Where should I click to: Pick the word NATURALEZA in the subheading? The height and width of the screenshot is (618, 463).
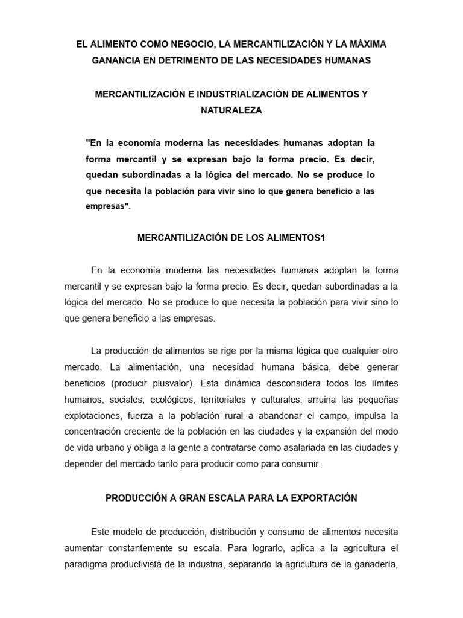pos(231,111)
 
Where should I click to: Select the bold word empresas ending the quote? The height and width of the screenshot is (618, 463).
pos(108,206)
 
